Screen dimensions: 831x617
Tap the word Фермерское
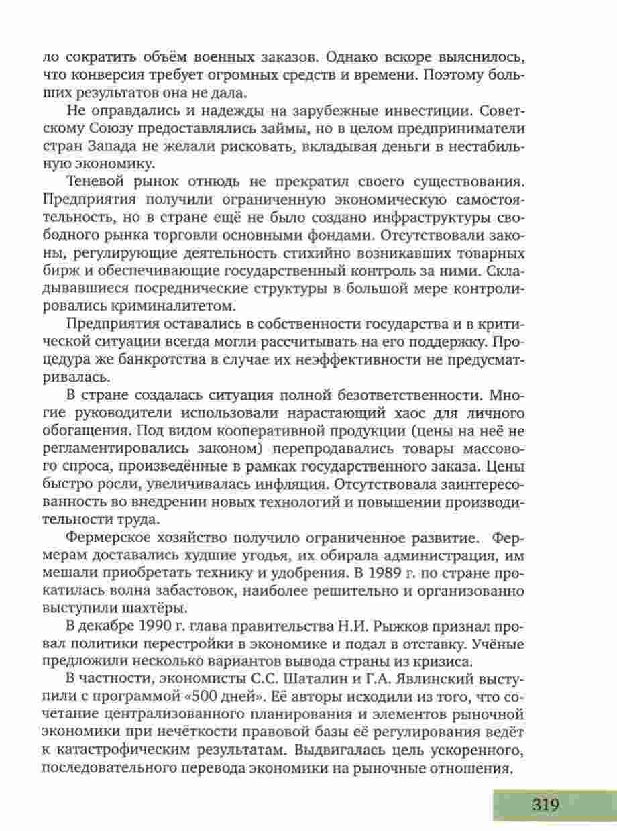point(113,540)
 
